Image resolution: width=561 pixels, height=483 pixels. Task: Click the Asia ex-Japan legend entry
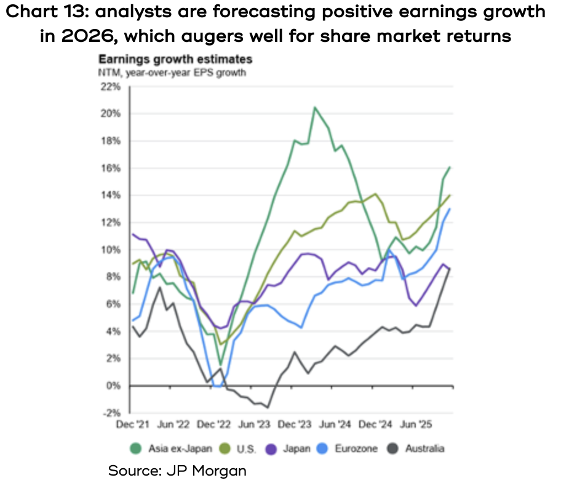coord(175,448)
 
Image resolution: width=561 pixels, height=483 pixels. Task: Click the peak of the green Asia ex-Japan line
coord(315,108)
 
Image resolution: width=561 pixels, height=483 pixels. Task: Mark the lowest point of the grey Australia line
coord(268,407)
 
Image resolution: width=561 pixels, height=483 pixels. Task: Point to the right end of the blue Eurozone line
coord(450,209)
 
